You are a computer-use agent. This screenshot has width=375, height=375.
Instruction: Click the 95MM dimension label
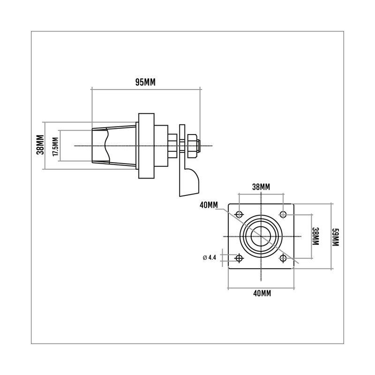pos(145,82)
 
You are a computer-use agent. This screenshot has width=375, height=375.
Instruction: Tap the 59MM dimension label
pos(335,236)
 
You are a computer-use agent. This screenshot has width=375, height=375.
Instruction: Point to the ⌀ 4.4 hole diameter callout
pos(210,257)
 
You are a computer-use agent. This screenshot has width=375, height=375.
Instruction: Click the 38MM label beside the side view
pos(40,145)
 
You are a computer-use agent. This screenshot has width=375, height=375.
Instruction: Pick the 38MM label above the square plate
pos(261,187)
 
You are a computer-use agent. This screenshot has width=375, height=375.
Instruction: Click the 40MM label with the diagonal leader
pos(208,205)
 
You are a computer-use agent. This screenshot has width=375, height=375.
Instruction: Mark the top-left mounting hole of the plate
pos(240,215)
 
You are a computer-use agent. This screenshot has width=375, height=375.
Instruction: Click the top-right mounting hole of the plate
pos(283,215)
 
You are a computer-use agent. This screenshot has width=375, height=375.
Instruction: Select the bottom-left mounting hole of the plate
pos(240,258)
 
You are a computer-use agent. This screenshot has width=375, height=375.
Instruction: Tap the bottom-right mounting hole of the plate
pos(283,258)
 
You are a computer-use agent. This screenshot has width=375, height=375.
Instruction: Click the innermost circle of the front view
pos(261,236)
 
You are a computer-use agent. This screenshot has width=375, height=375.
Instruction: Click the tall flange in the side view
pos(146,146)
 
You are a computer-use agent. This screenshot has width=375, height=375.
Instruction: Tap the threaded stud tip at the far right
pos(199,146)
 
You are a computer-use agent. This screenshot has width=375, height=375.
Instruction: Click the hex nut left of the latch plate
pos(172,146)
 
